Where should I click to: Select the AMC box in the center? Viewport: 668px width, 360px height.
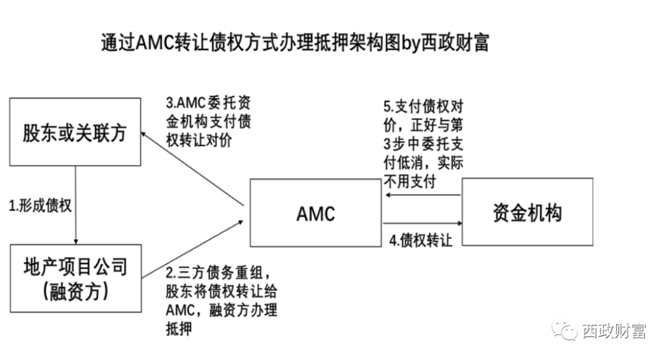[315, 212]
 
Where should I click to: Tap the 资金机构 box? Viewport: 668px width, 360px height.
[528, 212]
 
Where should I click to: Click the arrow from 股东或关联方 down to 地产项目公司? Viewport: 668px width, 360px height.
[75, 205]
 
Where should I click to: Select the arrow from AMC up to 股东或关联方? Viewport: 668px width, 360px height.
[192, 168]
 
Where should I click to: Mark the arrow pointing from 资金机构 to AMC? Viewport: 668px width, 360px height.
[423, 195]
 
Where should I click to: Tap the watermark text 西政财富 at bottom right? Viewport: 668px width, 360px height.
[614, 332]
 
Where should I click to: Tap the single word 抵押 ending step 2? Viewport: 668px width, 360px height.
[179, 328]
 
